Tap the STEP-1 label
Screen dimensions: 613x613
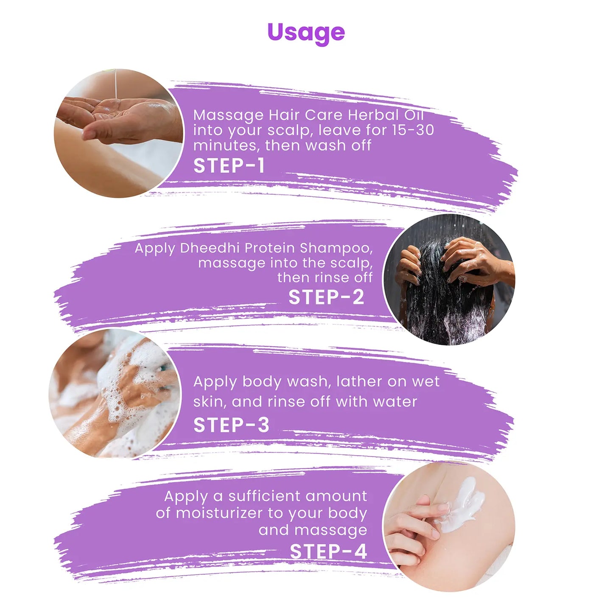tap(229, 165)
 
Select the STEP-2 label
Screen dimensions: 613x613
tap(326, 297)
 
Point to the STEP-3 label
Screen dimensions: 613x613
tap(231, 425)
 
